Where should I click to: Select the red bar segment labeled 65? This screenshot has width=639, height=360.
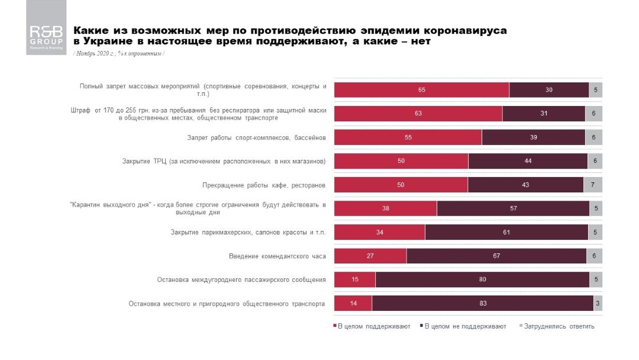pyautogui.click(x=421, y=90)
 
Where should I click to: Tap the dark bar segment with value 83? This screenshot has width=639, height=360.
pyautogui.click(x=483, y=303)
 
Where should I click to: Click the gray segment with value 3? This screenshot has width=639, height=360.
pyautogui.click(x=598, y=303)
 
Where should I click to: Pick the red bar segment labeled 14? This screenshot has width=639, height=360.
pyautogui.click(x=353, y=303)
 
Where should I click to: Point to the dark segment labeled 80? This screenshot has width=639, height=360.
pyautogui.click(x=482, y=279)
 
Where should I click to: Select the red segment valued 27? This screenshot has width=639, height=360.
pyautogui.click(x=370, y=256)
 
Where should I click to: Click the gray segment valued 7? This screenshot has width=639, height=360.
pyautogui.click(x=593, y=185)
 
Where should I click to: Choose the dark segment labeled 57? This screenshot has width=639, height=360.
pyautogui.click(x=513, y=208)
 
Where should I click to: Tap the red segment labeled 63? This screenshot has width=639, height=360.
pyautogui.click(x=418, y=114)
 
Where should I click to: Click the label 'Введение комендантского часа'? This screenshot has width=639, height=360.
pyautogui.click(x=277, y=256)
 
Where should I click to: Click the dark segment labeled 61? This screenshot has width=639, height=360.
pyautogui.click(x=506, y=232)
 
